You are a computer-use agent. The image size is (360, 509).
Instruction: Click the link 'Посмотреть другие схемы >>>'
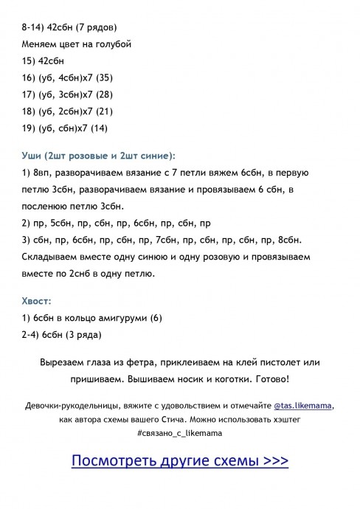pyautogui.click(x=179, y=461)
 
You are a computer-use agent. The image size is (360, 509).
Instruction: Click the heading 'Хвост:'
pyautogui.click(x=37, y=301)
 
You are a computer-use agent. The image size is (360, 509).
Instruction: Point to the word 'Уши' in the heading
pyautogui.click(x=32, y=156)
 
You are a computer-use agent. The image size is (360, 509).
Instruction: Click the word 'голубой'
pyautogui.click(x=113, y=44)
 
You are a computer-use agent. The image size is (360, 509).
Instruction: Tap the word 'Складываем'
pyautogui.click(x=51, y=257)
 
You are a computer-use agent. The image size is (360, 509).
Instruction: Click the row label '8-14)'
pyautogui.click(x=33, y=28)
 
